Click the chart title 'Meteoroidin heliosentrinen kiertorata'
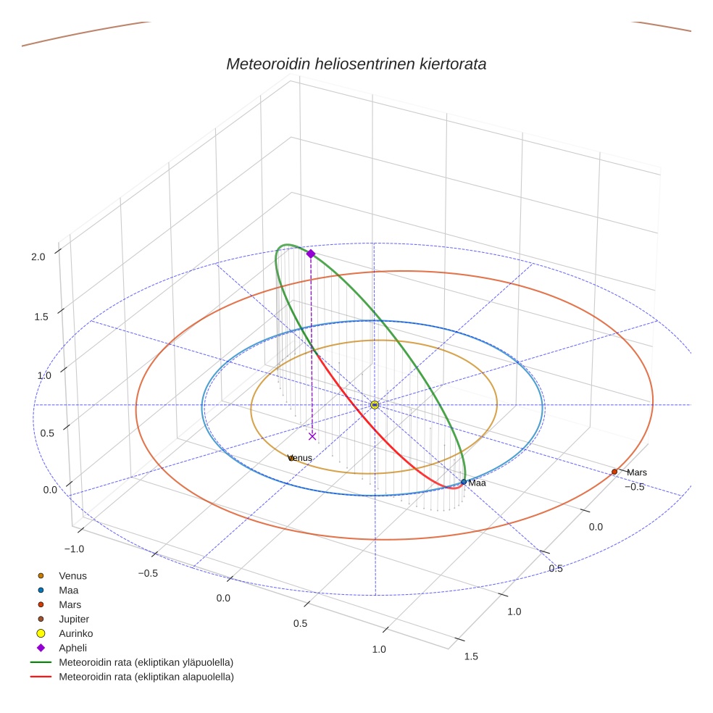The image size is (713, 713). pos(356,64)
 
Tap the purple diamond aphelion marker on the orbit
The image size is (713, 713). pos(311,254)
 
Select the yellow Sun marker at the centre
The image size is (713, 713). pos(375,404)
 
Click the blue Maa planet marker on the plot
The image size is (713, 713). pos(464,482)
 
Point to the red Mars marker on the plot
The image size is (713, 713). pos(614,472)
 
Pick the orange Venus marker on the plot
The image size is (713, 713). pos(291,458)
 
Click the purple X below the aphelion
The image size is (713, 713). pos(312,436)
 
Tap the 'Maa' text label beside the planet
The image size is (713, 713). pos(477,483)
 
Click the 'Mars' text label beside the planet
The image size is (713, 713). pos(637,472)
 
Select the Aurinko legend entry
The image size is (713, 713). pos(75,633)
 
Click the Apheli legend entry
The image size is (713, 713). pos(72,648)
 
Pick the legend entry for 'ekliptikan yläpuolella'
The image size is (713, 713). pos(146,662)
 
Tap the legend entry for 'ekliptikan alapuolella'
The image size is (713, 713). pos(146,677)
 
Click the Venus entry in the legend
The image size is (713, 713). pos(72,575)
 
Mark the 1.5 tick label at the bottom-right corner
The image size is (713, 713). pos(470,656)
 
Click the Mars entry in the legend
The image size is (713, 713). pos(70,604)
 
